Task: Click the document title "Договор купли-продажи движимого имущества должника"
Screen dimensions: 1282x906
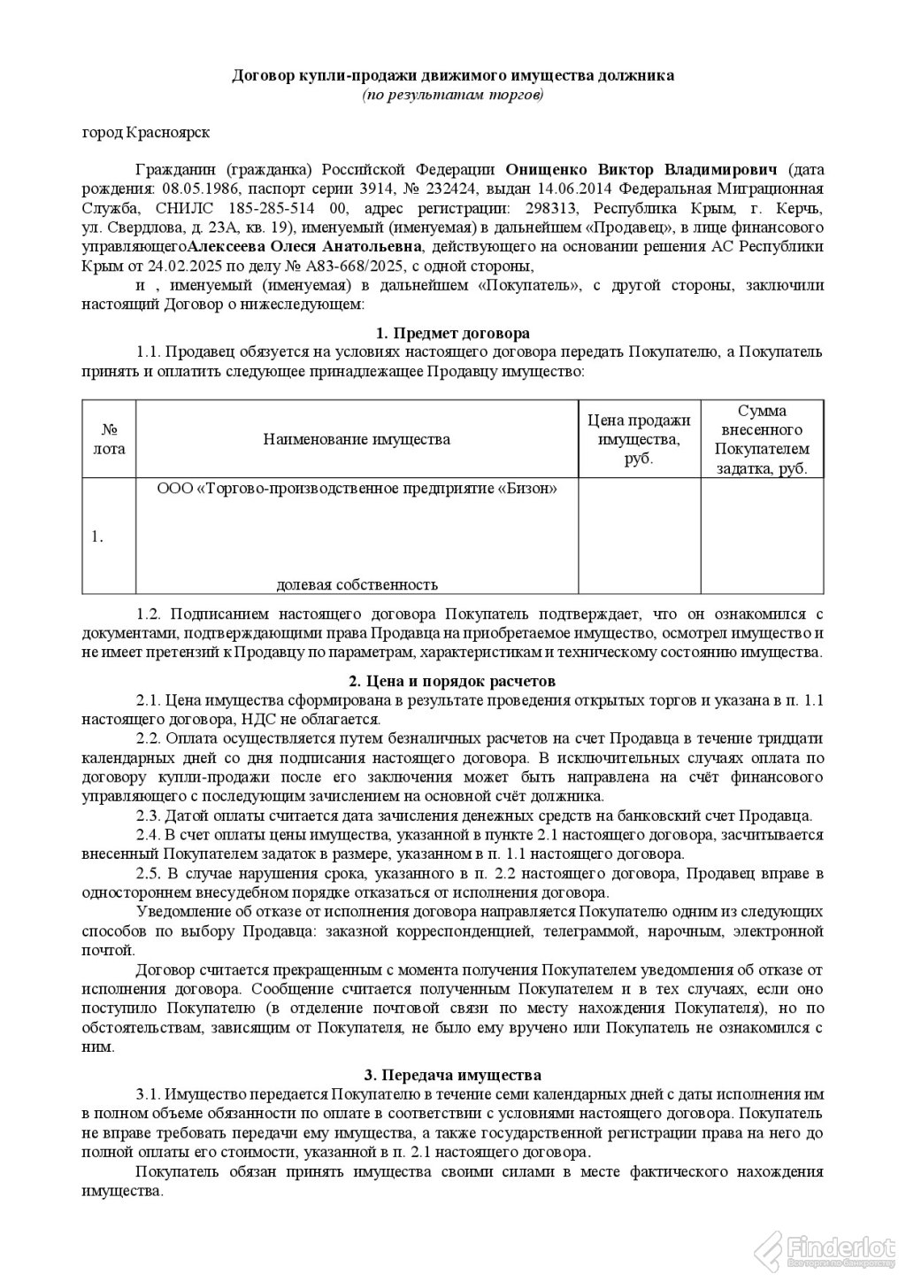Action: pyautogui.click(x=453, y=75)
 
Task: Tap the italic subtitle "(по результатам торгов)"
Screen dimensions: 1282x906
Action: pyautogui.click(x=453, y=94)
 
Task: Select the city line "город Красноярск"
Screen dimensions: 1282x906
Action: pyautogui.click(x=146, y=133)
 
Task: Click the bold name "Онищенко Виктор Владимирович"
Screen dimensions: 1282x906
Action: pyautogui.click(x=641, y=170)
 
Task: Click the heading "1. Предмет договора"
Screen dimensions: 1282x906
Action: pyautogui.click(x=453, y=333)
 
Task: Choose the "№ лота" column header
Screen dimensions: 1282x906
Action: pyautogui.click(x=110, y=439)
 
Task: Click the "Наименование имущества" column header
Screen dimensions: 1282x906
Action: pyautogui.click(x=357, y=439)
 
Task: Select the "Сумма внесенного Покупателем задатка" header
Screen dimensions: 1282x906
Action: pyautogui.click(x=762, y=439)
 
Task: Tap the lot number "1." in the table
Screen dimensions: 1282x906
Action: pyautogui.click(x=97, y=537)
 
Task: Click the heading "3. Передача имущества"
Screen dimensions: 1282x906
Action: pyautogui.click(x=453, y=1076)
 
